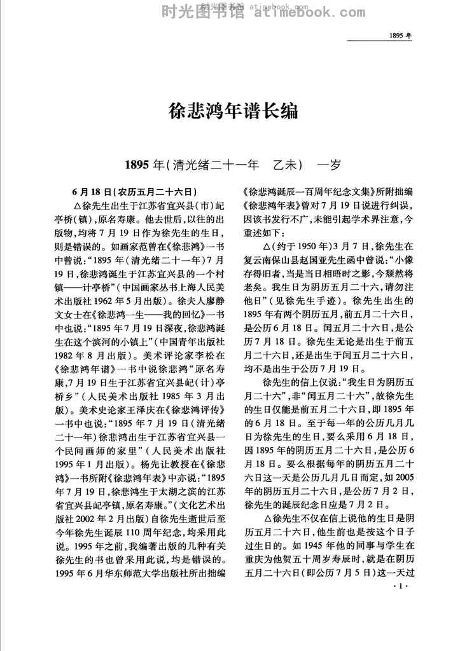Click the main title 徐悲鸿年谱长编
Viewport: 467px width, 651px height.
pyautogui.click(x=233, y=112)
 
